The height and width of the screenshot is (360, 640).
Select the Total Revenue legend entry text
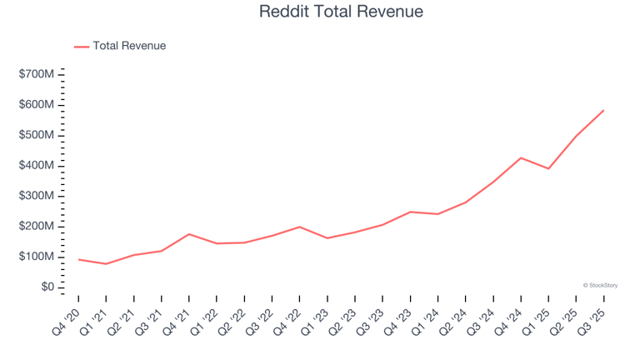(x=129, y=46)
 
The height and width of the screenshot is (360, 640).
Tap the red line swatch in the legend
(x=82, y=47)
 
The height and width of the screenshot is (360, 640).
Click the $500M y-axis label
(x=37, y=135)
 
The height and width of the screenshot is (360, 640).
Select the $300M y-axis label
(x=37, y=196)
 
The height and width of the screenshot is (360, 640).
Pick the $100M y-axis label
(x=37, y=257)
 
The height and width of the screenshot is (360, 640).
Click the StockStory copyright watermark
(x=600, y=285)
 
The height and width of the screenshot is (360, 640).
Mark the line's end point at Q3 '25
(x=603, y=110)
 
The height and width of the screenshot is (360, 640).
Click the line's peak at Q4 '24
(x=521, y=157)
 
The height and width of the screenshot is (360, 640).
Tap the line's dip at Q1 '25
(x=548, y=168)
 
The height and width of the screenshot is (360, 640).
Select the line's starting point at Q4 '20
(x=78, y=259)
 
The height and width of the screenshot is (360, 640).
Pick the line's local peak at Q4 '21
(x=189, y=234)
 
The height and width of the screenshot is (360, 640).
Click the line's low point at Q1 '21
(x=106, y=264)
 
